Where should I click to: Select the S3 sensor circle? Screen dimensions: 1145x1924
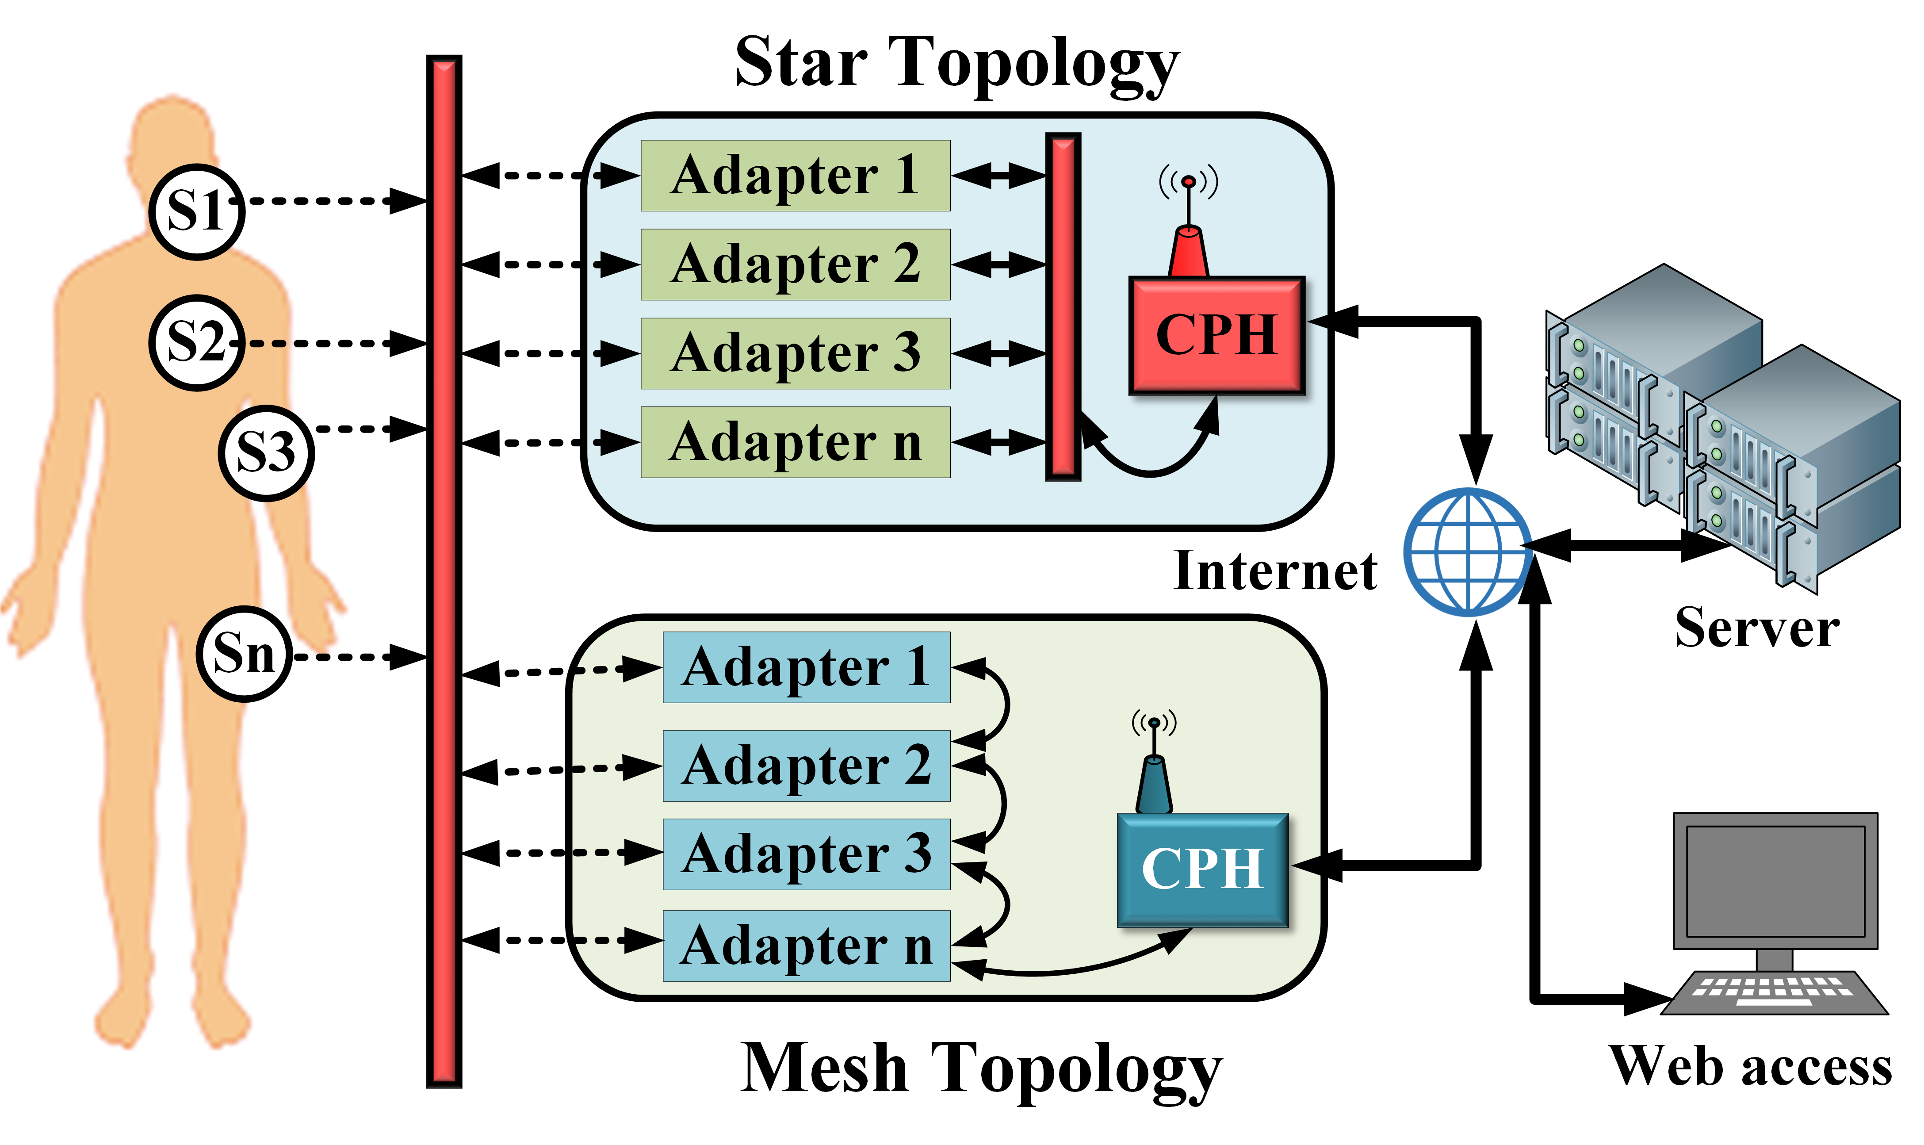pyautogui.click(x=266, y=453)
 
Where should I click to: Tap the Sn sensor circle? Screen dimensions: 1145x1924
pyautogui.click(x=244, y=654)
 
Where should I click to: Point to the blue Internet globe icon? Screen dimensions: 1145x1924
pyautogui.click(x=1467, y=551)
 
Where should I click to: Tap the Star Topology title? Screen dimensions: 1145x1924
pyautogui.click(x=956, y=63)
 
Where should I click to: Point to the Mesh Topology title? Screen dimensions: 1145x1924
pyautogui.click(x=980, y=1069)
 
